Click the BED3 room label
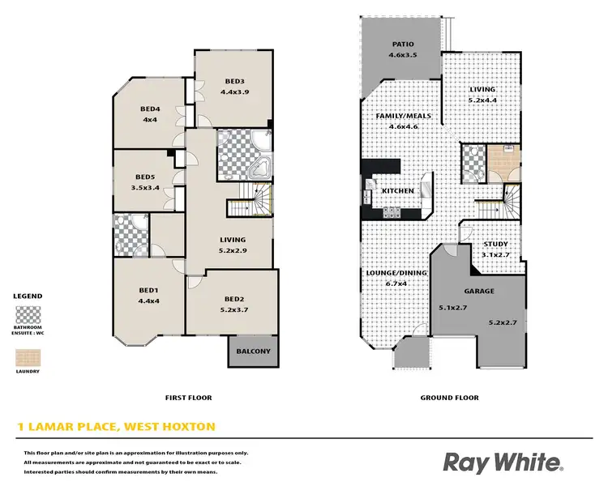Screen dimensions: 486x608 [235, 81]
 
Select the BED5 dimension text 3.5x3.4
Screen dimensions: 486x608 [145, 188]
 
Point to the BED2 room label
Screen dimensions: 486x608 [234, 299]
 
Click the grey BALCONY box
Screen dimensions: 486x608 [249, 352]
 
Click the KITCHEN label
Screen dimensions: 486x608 [398, 191]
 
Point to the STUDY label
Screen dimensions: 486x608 [495, 244]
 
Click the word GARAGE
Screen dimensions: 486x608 [479, 291]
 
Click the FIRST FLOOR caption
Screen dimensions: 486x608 [188, 398]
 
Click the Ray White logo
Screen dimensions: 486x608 [502, 463]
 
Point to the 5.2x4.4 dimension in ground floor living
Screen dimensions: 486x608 [482, 100]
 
